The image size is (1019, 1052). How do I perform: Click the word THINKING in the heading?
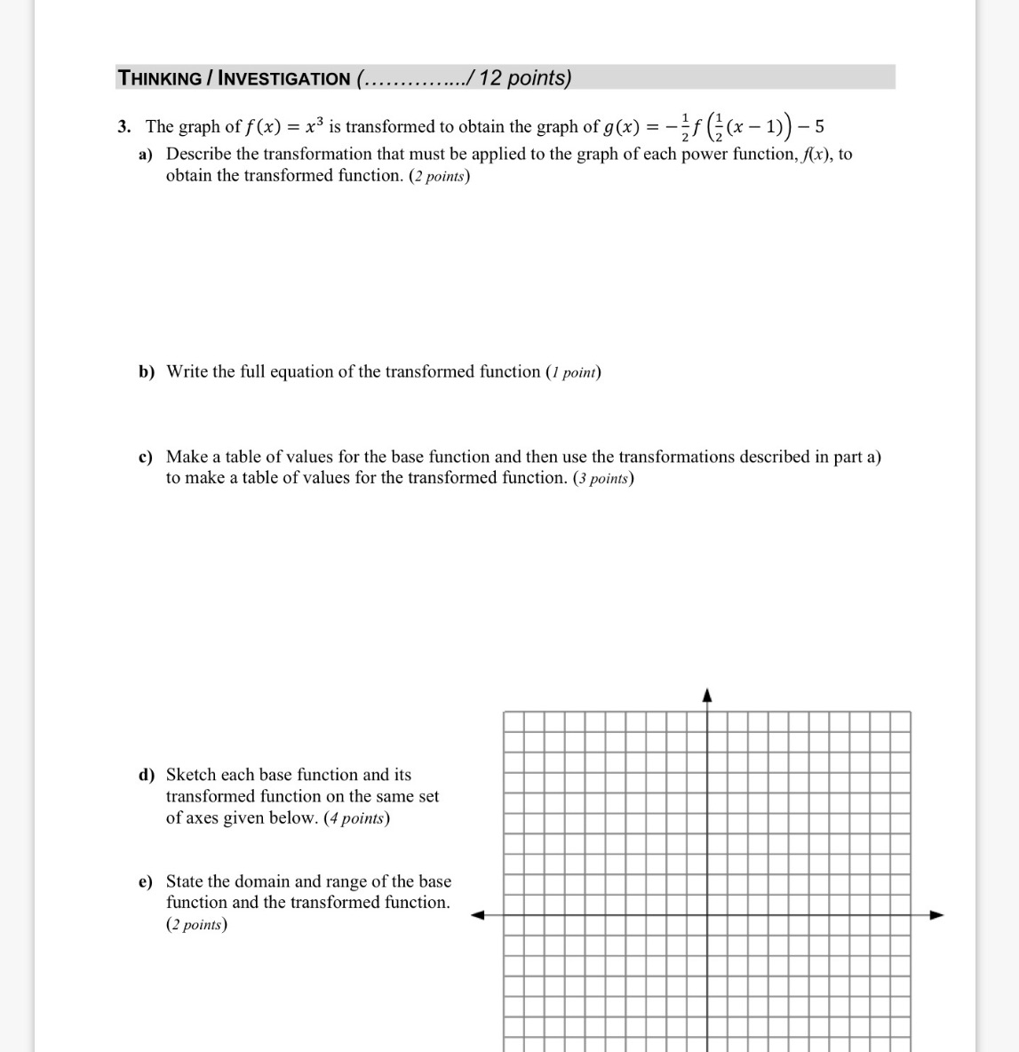[x=160, y=78]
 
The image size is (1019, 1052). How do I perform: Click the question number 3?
[x=124, y=127]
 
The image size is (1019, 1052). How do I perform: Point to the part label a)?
[x=146, y=155]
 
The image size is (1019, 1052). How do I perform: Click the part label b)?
[x=146, y=372]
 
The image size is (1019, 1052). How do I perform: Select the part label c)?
[x=146, y=458]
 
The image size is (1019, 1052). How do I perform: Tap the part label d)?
[x=146, y=776]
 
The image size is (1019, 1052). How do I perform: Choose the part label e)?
[x=146, y=882]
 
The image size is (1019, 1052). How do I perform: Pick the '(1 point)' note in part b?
[x=573, y=372]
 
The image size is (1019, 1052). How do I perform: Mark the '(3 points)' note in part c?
[x=603, y=479]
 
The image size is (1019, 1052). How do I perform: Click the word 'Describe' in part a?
[x=199, y=155]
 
